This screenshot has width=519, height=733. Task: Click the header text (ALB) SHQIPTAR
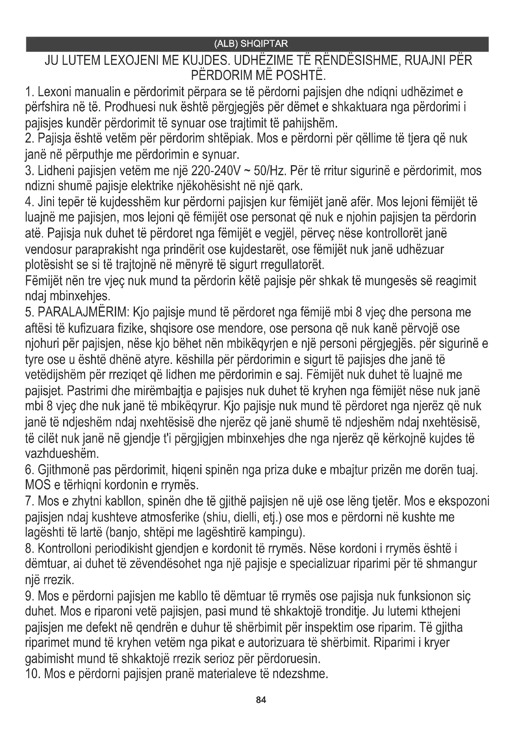click(x=251, y=44)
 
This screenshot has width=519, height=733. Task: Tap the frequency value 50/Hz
click(x=269, y=171)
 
